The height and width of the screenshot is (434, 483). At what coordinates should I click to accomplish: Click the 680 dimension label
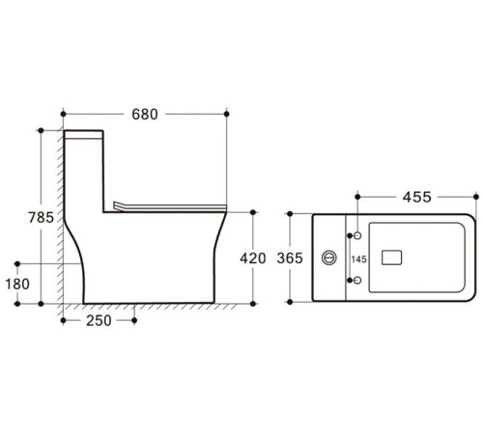tap(145, 115)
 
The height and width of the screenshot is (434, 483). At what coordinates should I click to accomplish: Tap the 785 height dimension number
tap(41, 218)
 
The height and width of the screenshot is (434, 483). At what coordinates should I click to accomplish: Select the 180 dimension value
tap(17, 284)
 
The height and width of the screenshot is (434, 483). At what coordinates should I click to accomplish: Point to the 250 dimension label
tap(99, 320)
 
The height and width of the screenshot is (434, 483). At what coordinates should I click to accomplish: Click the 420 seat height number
tap(253, 258)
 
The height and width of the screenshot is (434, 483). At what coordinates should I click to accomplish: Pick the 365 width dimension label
tap(290, 258)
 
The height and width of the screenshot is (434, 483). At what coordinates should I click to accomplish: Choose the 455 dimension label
tap(416, 197)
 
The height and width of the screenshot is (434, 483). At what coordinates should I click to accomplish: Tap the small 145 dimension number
tap(359, 259)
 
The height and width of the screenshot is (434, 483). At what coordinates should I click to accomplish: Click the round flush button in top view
tap(329, 258)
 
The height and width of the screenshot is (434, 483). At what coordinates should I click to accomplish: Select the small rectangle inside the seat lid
tap(391, 258)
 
